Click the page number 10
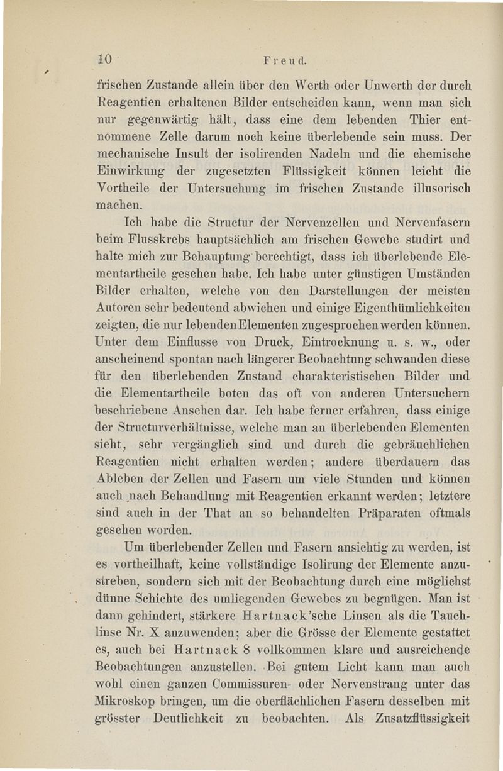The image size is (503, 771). tap(104, 59)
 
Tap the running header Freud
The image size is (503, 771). tap(285, 61)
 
